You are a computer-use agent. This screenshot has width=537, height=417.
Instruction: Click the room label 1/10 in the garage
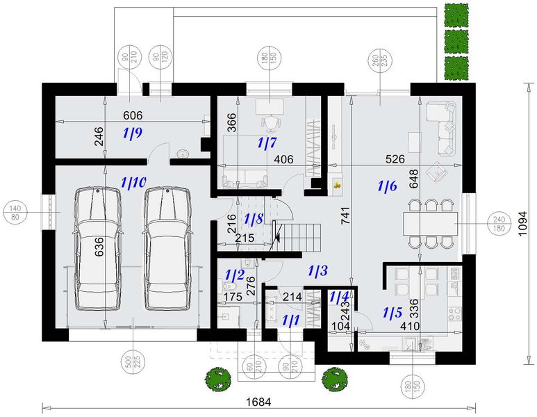coord(134,182)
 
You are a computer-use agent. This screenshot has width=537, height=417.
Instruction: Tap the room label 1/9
coord(132,133)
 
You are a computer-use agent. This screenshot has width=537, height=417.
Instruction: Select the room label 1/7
coord(267,142)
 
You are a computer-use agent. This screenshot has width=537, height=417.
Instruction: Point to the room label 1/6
coord(388,186)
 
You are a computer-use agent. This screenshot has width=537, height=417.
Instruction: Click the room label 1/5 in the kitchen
coord(393,313)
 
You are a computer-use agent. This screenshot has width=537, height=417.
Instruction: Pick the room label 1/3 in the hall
coord(317,271)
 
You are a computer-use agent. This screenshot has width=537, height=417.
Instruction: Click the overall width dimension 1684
coord(258,402)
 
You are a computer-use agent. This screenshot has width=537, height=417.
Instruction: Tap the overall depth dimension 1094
coord(522,223)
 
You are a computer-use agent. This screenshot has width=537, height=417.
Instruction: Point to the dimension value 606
coord(133,115)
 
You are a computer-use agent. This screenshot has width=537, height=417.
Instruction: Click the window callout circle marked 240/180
coord(499,224)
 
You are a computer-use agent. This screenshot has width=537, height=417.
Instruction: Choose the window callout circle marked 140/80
coord(15,213)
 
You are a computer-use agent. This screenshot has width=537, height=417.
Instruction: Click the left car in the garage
coord(98,248)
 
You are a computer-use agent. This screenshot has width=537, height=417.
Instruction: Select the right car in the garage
coord(167,248)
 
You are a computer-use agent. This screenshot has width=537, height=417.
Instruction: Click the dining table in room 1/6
coord(431,224)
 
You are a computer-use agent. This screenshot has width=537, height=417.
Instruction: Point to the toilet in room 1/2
coord(229,286)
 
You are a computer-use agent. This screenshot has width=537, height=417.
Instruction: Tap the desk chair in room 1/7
coord(272,122)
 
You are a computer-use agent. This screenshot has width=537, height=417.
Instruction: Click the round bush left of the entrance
coord(218,378)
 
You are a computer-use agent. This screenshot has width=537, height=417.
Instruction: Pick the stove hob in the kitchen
coord(454,313)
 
